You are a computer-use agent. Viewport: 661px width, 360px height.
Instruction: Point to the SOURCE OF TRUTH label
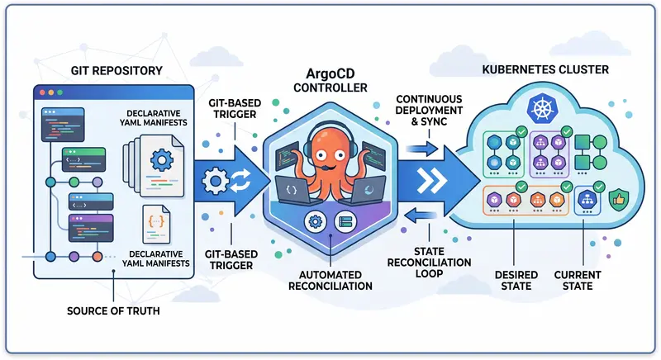(112, 312)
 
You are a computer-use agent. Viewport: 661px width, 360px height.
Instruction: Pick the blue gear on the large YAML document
(161, 158)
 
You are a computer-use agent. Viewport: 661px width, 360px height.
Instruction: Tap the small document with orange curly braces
(155, 221)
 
